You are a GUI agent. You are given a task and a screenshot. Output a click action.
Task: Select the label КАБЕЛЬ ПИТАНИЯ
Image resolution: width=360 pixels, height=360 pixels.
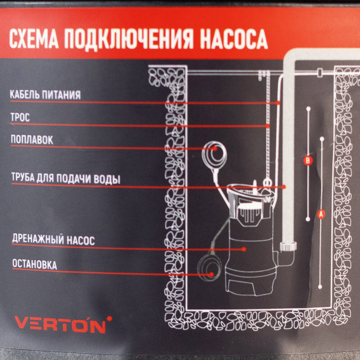45,95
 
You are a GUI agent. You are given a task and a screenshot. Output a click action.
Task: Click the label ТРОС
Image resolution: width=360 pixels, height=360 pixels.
20,117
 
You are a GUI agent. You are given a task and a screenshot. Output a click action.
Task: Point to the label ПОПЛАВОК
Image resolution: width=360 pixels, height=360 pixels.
32,140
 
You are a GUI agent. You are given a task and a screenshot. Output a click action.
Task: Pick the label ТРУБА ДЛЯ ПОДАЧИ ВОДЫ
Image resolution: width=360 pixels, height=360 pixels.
66,179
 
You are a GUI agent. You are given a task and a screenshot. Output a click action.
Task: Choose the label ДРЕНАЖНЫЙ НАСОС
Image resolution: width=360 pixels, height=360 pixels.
54,239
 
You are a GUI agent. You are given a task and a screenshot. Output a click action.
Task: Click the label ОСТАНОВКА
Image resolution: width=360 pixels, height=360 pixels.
35,264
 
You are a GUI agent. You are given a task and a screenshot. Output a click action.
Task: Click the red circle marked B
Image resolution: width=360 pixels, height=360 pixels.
308,160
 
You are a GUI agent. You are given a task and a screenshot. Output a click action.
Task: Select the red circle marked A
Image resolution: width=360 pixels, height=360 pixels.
321,215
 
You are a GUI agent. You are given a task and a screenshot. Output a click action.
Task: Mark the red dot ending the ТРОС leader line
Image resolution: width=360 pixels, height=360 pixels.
268,126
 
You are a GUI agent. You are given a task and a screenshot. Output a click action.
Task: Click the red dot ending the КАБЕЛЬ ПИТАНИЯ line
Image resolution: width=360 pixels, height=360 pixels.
278,103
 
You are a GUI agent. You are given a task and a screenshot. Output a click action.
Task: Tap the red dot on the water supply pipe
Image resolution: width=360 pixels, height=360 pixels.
284,187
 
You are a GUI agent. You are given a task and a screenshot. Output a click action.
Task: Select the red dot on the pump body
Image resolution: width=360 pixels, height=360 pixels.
244,249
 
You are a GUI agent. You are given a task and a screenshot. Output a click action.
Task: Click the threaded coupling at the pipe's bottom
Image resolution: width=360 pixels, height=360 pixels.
288,247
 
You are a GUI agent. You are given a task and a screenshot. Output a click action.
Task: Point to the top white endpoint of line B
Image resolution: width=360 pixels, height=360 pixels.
309,109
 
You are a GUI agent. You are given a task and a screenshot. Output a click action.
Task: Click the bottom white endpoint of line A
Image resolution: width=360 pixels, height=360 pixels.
320,287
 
